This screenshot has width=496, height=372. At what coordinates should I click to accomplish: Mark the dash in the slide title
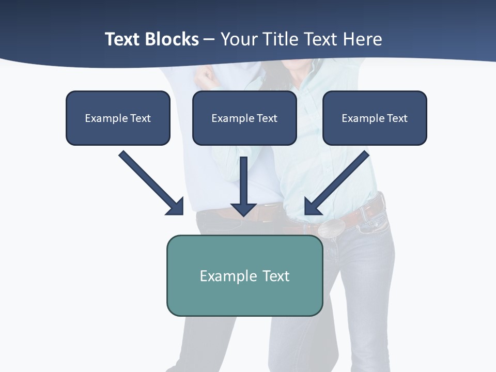(209, 39)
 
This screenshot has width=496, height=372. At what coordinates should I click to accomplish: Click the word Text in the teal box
(276, 276)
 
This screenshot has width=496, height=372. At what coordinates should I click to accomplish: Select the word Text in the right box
(397, 118)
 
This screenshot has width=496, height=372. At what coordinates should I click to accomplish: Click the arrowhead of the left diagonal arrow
(176, 207)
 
